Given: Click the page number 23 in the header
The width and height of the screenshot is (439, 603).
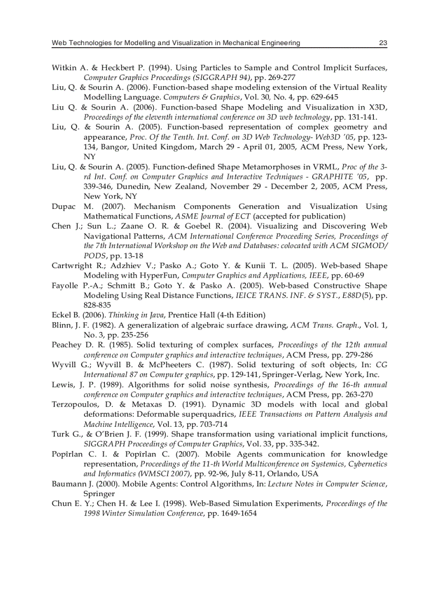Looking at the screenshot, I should pyautogui.click(x=383, y=43).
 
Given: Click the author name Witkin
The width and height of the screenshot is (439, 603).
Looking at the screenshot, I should pyautogui.click(x=64, y=68).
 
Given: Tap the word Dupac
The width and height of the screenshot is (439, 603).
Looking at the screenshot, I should pyautogui.click(x=63, y=206).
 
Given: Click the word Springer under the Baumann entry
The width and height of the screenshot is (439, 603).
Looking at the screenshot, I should pyautogui.click(x=100, y=493).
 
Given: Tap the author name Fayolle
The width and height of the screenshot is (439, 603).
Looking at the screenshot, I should pyautogui.click(x=66, y=285).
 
